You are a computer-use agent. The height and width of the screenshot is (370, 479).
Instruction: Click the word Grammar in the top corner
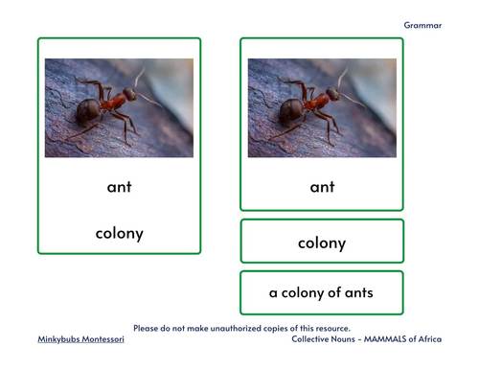[x=422, y=26]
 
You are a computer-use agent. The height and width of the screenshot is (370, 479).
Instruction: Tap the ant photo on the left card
[x=119, y=107]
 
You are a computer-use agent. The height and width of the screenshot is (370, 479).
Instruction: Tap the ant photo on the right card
[x=322, y=107]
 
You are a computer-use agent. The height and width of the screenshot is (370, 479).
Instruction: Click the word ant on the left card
[x=119, y=187]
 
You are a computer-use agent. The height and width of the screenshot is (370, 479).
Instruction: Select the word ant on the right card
[x=322, y=187]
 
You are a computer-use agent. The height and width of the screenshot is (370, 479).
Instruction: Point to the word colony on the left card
[x=119, y=232]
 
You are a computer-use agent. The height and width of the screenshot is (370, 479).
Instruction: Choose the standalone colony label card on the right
[x=322, y=243]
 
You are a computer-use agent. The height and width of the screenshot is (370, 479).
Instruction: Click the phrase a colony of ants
[x=322, y=292]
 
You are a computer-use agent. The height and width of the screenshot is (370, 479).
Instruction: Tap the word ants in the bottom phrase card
[x=357, y=292]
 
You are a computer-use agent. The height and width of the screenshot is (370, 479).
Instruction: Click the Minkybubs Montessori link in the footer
[x=80, y=339]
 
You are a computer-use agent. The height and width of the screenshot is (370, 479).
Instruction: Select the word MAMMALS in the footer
[x=381, y=339]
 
